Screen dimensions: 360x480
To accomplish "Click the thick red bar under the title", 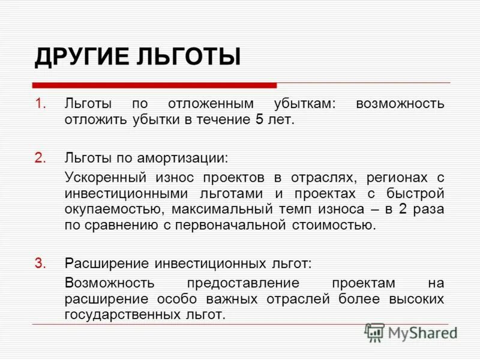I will [x=155, y=85].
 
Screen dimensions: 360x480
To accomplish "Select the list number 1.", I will [x=40, y=104].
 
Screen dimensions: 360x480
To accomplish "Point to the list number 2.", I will [x=40, y=159].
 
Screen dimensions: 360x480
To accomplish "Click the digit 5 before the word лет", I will [x=259, y=119].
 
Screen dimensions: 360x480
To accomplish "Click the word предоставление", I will [x=243, y=283].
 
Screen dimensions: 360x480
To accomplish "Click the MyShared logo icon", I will [x=374, y=332].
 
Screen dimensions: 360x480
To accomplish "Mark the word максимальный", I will [x=210, y=210].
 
